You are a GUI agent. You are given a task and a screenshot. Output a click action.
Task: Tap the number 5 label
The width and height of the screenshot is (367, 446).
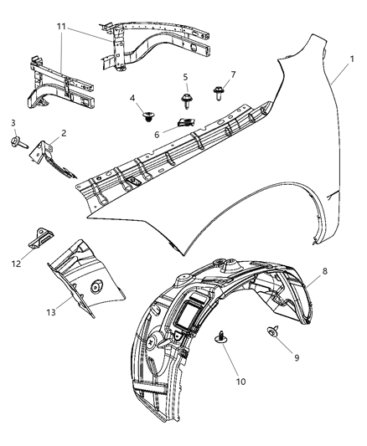tap(186, 76)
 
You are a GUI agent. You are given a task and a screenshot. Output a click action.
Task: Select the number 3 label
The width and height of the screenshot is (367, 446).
tap(13, 123)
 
